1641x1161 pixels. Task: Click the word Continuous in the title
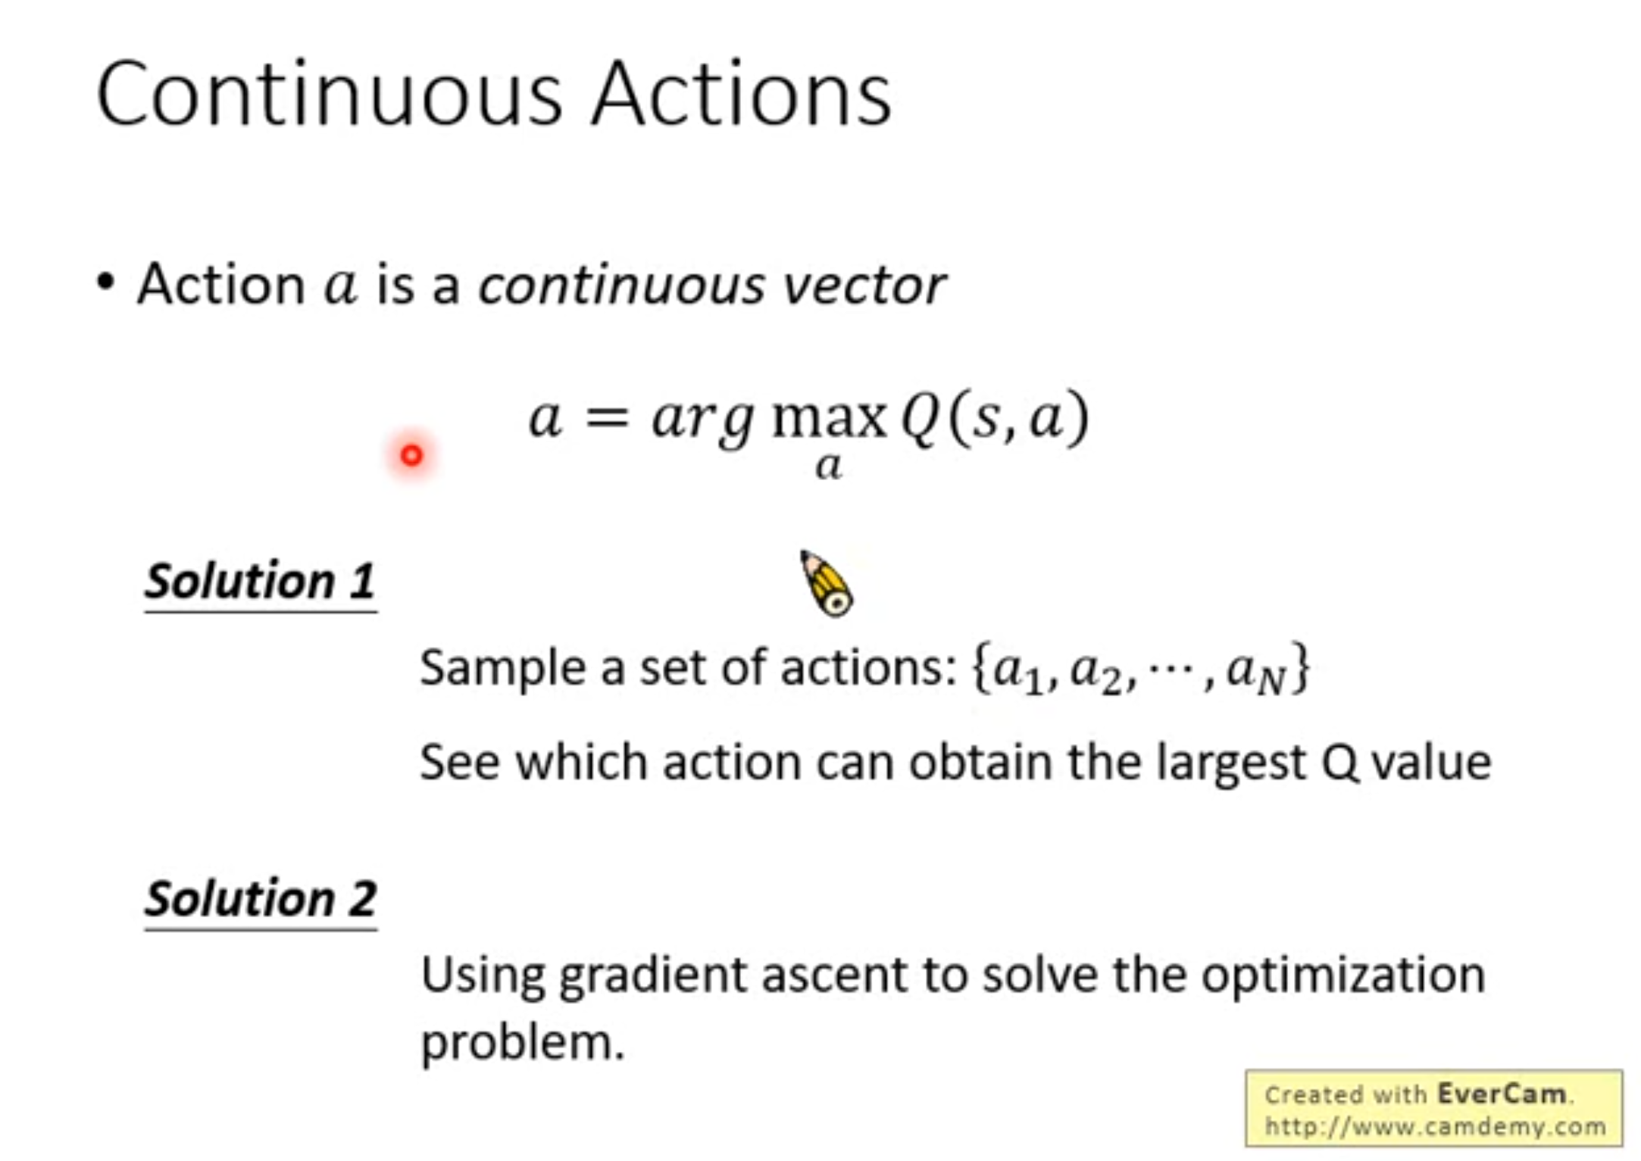330,95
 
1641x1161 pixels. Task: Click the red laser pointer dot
411,455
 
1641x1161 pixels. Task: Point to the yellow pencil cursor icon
827,583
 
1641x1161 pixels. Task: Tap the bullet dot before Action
105,282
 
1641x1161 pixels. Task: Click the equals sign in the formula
608,417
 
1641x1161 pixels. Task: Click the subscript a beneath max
828,466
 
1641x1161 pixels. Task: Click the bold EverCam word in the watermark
1502,1094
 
